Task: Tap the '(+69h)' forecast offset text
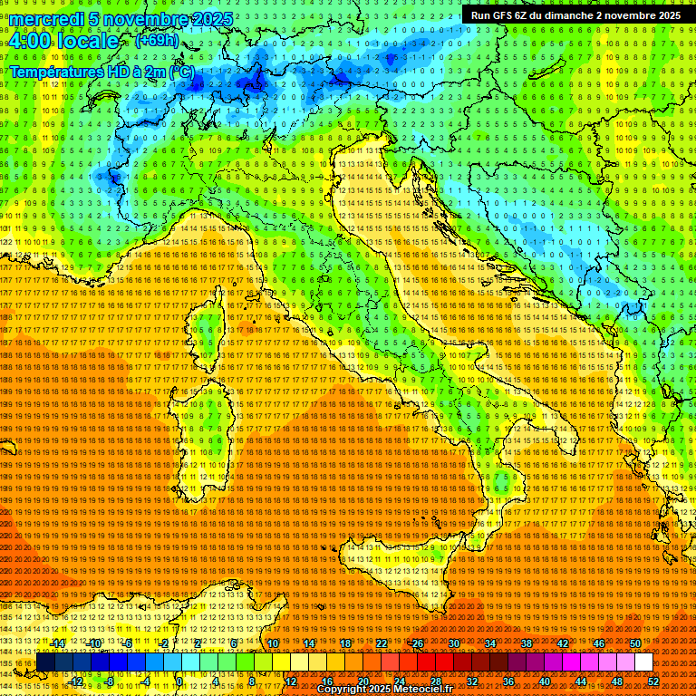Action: point(157,41)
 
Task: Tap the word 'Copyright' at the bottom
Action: point(343,690)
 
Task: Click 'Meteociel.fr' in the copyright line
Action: point(430,690)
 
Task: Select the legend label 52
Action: point(654,681)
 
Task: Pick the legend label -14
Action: point(57,643)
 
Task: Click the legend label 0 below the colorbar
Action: point(180,681)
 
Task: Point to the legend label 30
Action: point(453,643)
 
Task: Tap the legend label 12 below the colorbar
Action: point(290,681)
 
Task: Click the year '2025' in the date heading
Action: point(209,19)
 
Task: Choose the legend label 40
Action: point(544,681)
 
